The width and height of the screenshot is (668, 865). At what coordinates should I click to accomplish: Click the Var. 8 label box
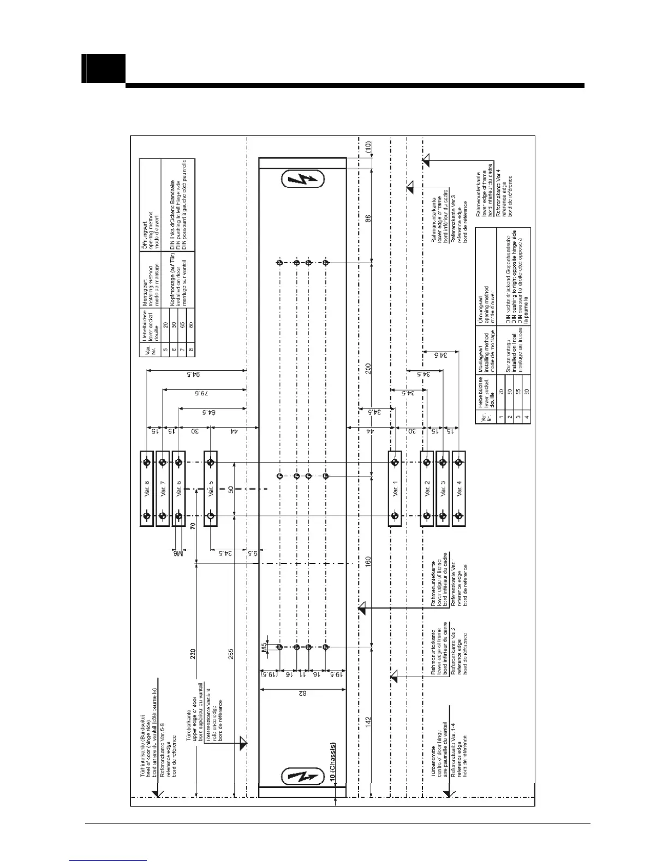146,489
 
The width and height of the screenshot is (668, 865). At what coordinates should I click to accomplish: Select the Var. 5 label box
211,489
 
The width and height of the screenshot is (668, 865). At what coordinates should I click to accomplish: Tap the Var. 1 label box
395,489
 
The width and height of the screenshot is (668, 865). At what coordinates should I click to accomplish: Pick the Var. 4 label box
459,489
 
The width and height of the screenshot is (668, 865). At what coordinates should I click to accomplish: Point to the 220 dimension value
193,654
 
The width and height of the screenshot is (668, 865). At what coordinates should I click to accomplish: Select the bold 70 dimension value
193,527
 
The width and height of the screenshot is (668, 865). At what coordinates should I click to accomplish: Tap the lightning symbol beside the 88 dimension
303,180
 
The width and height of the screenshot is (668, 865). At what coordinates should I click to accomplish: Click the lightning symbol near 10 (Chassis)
302,776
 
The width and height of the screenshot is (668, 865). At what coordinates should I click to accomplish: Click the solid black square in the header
104,68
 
